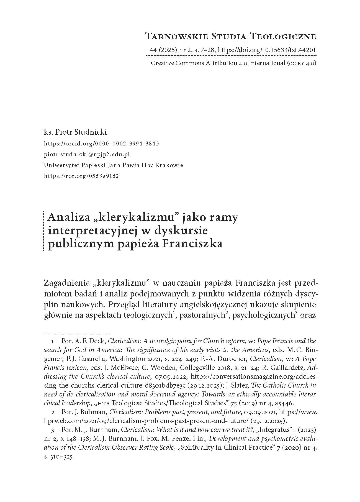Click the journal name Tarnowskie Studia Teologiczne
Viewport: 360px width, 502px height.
tap(230, 36)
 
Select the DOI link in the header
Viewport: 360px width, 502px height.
tap(267, 50)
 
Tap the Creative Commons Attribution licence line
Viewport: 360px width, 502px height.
tap(233, 63)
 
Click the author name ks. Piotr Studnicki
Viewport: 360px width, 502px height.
tap(75, 132)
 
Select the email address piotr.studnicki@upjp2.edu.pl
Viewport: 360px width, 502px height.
tap(87, 154)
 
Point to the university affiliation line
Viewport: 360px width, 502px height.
tap(114, 165)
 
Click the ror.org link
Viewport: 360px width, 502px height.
tap(81, 176)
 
